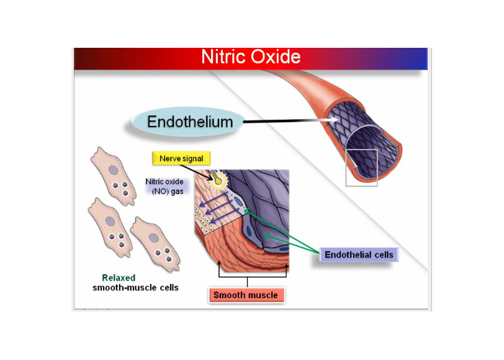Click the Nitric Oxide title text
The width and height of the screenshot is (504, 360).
pyautogui.click(x=251, y=57)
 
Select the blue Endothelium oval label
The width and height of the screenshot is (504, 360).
pyautogui.click(x=189, y=122)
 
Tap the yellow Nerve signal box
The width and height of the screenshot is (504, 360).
pyautogui.click(x=181, y=158)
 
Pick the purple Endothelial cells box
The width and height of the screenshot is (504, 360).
pyautogui.click(x=359, y=254)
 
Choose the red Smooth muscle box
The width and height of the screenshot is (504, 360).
pyautogui.click(x=246, y=295)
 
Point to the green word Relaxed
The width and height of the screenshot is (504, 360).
pyautogui.click(x=119, y=277)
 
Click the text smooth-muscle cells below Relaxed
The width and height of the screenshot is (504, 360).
pyautogui.click(x=135, y=287)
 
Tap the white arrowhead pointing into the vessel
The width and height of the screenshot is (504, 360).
pyautogui.click(x=335, y=120)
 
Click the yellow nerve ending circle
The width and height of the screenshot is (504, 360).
pyautogui.click(x=218, y=181)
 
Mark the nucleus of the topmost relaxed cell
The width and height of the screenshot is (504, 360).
pyautogui.click(x=113, y=170)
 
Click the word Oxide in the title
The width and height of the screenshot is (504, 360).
pyautogui.click(x=276, y=57)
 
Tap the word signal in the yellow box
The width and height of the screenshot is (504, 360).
pyautogui.click(x=193, y=159)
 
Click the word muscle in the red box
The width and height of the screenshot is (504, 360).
pyautogui.click(x=263, y=295)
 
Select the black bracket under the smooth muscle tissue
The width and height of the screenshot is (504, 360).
pyautogui.click(x=248, y=276)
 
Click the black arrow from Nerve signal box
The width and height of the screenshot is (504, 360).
pyautogui.click(x=197, y=172)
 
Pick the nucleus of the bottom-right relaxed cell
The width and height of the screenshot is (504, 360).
pyautogui.click(x=154, y=238)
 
